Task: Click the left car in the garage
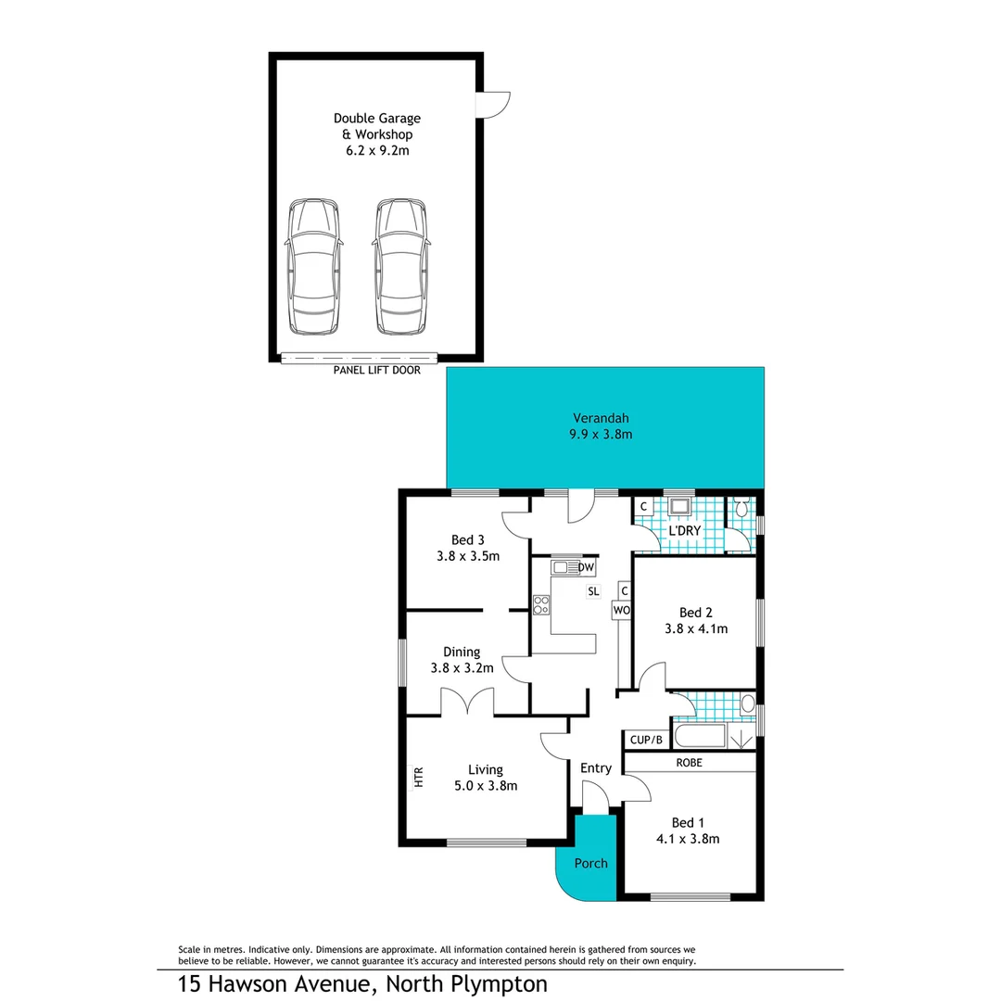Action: point(312,267)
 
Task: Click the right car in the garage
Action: point(402,267)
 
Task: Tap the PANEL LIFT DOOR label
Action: point(376,371)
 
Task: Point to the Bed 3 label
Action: point(468,540)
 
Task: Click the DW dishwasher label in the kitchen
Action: point(585,567)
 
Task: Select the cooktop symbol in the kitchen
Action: point(541,605)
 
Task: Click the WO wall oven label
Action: point(621,611)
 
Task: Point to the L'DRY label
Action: point(684,530)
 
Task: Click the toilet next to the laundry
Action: point(741,509)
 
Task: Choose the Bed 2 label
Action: point(695,613)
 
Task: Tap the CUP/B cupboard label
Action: point(646,740)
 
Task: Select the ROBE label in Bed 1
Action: point(689,763)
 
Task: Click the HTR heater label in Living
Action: point(418,777)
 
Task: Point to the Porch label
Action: point(590,863)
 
